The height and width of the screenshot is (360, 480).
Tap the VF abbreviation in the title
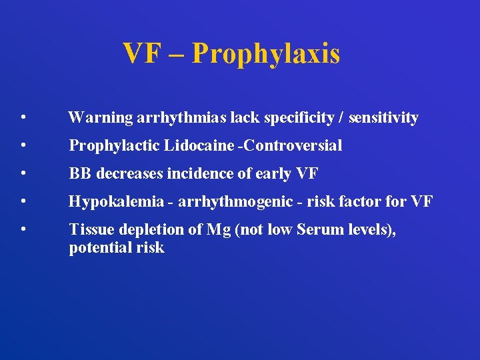coord(142,53)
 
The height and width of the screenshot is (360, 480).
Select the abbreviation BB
coord(81,173)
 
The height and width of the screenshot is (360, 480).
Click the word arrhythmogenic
coord(234,201)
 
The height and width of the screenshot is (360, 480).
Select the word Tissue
coord(89,229)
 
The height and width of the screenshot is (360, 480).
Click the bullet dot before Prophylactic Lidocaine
coord(23,145)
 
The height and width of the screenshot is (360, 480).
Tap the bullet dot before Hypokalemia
coord(23,201)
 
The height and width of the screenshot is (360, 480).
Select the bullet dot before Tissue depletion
coord(23,229)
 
